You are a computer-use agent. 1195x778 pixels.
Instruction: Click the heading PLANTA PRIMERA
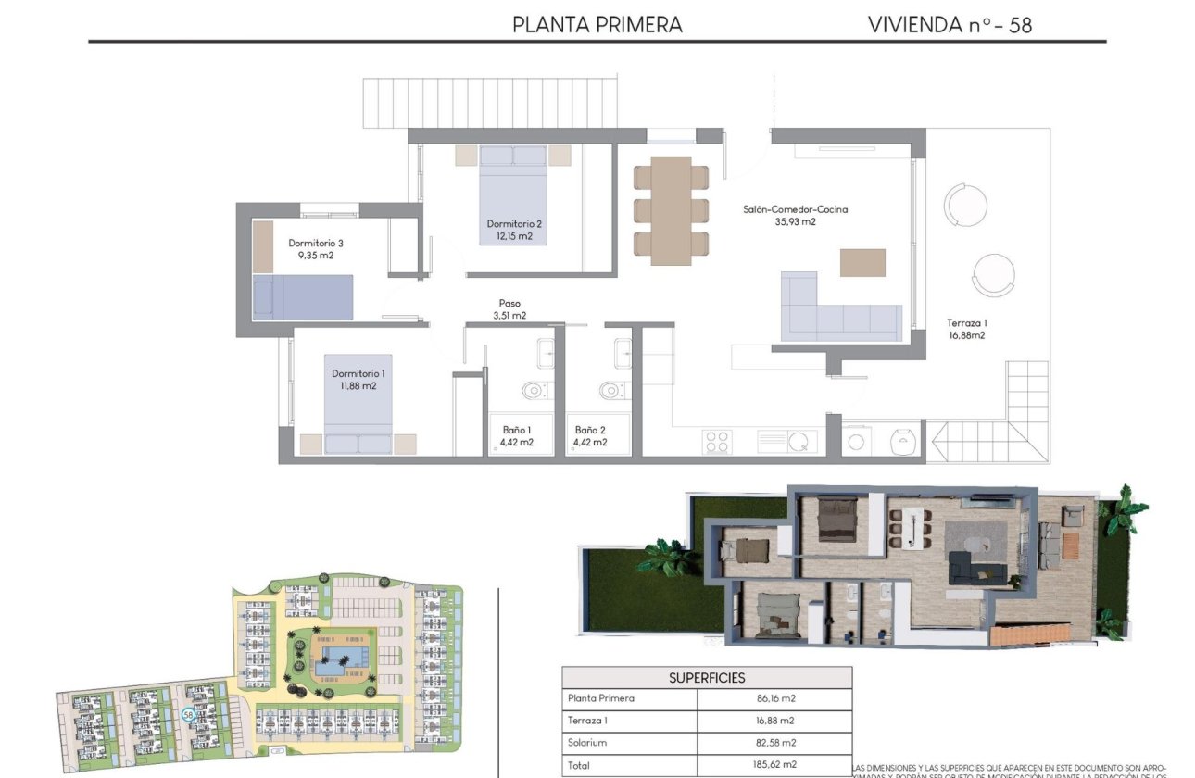pos(597,25)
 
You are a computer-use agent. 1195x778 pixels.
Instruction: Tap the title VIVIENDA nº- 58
pos(950,25)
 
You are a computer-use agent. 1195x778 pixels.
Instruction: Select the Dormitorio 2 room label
pos(514,223)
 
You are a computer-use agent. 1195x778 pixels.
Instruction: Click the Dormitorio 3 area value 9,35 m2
pos(315,256)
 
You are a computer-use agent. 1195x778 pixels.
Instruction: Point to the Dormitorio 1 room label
pos(358,373)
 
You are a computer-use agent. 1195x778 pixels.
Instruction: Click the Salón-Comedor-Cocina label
pos(795,210)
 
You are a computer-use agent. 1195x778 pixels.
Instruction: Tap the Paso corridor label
pos(509,303)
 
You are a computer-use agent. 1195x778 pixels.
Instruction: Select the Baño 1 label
pos(517,430)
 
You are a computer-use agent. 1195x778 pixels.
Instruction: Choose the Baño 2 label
pos(590,430)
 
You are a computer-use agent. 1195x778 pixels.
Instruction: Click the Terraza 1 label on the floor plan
pos(965,323)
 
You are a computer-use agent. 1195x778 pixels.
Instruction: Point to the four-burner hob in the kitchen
pos(718,441)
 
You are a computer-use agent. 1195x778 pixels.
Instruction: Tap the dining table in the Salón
pos(671,210)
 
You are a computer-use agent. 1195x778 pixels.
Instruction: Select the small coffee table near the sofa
pos(862,262)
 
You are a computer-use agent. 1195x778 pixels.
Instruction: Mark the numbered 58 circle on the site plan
pos(188,714)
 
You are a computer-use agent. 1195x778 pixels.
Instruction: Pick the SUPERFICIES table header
pos(707,678)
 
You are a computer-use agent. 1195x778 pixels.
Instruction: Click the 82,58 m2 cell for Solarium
pos(774,743)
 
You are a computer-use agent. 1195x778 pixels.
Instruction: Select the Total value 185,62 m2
pos(774,766)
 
